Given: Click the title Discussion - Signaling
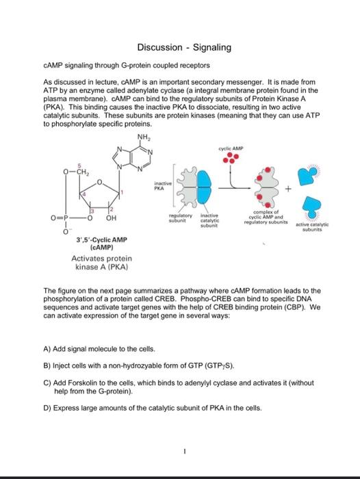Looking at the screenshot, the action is (184, 47).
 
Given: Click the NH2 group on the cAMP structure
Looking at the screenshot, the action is (144, 137).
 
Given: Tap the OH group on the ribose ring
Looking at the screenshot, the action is (111, 218).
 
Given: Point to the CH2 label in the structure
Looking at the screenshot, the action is (83, 172).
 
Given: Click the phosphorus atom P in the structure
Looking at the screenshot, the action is (65, 218).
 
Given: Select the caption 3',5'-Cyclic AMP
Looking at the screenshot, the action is (101, 240).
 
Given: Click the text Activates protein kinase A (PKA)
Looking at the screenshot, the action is (102, 262).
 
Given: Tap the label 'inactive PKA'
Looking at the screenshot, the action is (163, 185).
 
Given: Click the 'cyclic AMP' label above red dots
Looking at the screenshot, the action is (231, 148).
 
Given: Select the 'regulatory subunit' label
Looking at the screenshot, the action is (181, 218).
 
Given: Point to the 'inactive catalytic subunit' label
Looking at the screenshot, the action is (209, 220).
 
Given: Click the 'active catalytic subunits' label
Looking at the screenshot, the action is (312, 227).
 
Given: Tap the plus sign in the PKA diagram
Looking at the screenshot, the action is (288, 189).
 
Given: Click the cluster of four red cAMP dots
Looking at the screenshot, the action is (231, 158).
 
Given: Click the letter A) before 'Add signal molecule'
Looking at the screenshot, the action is (47, 349).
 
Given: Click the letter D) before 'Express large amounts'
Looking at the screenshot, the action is (47, 408).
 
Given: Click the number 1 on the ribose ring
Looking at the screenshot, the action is (122, 192).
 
